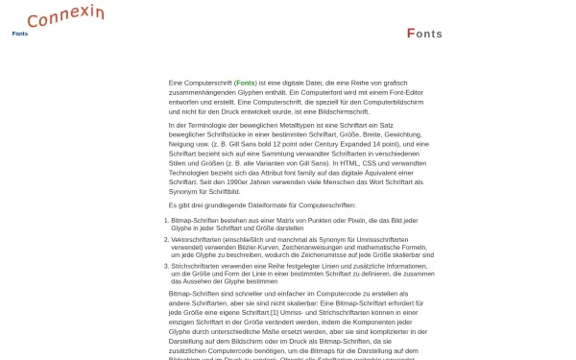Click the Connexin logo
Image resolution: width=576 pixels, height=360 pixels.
click(66, 16)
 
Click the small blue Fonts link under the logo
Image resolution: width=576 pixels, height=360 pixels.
click(19, 34)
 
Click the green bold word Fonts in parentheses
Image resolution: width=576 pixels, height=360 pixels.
click(245, 84)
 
